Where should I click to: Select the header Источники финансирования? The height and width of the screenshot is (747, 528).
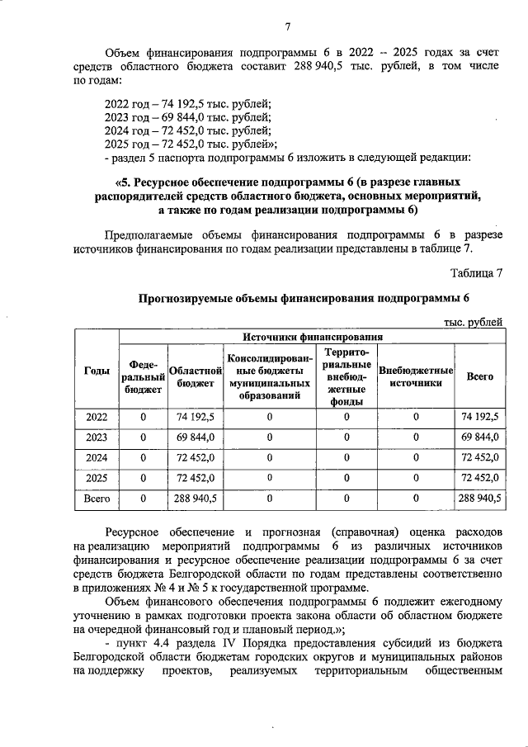(x=312, y=337)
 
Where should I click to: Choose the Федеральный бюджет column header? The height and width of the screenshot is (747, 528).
(x=144, y=376)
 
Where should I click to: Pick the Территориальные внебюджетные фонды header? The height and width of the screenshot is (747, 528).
(x=346, y=376)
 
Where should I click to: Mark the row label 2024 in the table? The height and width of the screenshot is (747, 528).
(x=97, y=456)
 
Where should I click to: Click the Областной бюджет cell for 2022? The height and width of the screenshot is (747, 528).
(x=195, y=416)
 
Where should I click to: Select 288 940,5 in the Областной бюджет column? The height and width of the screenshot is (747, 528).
(x=195, y=498)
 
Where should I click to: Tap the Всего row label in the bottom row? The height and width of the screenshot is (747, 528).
(x=97, y=498)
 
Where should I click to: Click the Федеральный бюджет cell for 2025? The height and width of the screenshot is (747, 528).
(x=144, y=477)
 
